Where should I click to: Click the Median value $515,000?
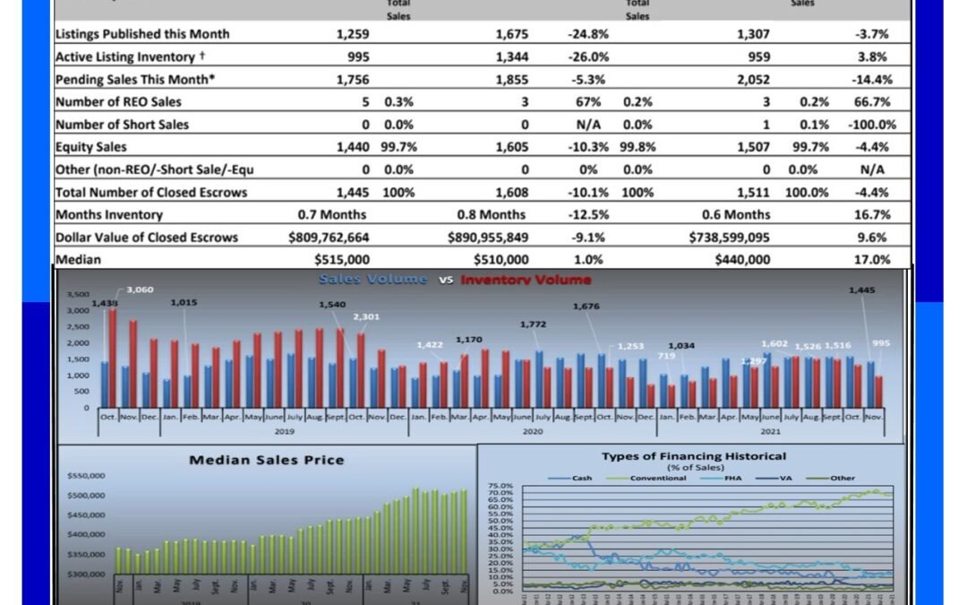(342, 260)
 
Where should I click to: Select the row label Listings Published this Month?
(142, 34)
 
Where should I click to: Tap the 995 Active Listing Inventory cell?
(355, 56)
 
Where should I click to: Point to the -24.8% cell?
(587, 34)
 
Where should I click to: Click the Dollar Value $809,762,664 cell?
(329, 238)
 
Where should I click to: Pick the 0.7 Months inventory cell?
(331, 215)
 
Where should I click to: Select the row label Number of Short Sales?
(122, 125)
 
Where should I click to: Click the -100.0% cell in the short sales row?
(871, 125)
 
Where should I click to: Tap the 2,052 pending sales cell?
(753, 79)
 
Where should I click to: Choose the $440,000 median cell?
(742, 260)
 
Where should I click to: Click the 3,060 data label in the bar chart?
(140, 290)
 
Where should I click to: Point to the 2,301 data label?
(366, 316)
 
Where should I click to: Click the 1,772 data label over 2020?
(534, 324)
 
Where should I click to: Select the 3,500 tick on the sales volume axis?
(78, 294)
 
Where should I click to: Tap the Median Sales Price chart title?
(266, 460)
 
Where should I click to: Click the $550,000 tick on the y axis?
(88, 475)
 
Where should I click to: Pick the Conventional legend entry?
(657, 478)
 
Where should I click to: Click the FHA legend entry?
(733, 478)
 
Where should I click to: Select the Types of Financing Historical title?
(694, 456)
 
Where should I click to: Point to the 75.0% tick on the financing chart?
(501, 486)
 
